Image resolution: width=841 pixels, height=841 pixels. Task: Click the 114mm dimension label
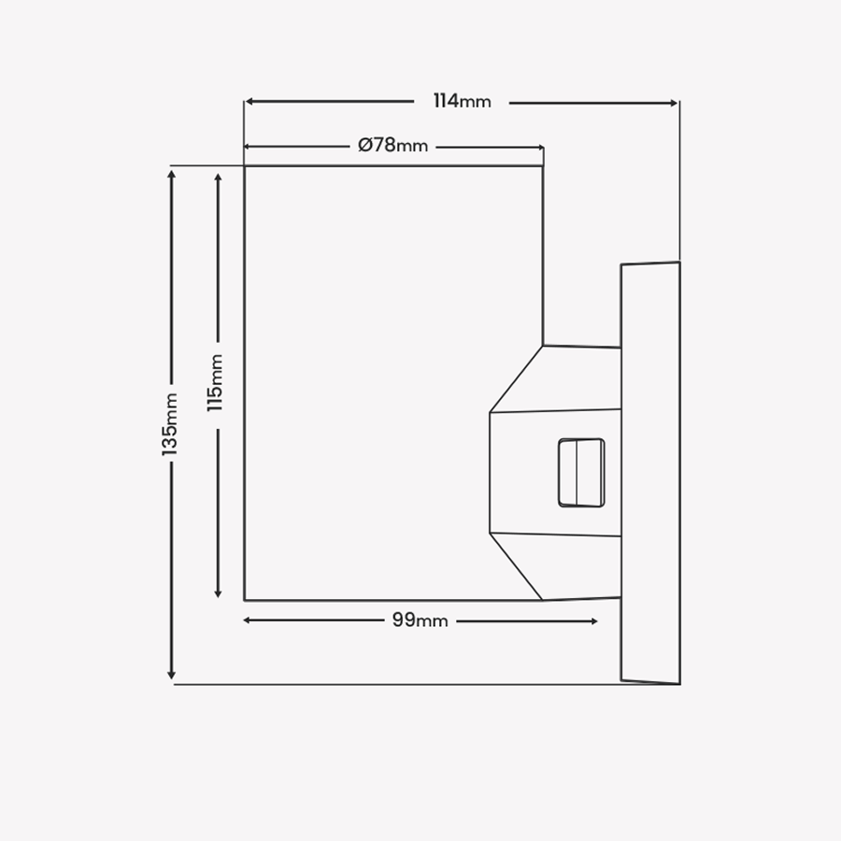[x=462, y=101]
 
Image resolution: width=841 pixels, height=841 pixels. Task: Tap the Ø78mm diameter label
[x=392, y=146]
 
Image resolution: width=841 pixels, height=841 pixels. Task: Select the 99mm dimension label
[x=420, y=620]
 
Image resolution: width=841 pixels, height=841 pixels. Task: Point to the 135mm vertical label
[x=170, y=424]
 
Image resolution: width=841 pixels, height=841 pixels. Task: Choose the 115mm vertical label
[x=215, y=383]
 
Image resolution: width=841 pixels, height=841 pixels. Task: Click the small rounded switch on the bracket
[x=581, y=473]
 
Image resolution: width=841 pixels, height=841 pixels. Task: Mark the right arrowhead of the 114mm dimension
[x=674, y=103]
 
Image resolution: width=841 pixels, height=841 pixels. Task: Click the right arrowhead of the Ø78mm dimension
[x=539, y=148]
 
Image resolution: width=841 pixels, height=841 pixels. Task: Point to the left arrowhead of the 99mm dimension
[x=248, y=620]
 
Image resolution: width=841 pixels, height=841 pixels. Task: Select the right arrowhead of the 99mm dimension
[x=593, y=621]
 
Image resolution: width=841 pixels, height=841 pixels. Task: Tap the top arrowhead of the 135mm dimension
[x=172, y=175]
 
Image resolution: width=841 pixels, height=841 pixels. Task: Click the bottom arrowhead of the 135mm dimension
[x=172, y=675]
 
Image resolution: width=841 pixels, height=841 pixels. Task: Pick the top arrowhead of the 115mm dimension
[x=218, y=178]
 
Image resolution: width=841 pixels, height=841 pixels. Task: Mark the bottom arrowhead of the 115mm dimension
[x=218, y=592]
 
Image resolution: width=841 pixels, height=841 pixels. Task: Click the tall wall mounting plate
[x=650, y=473]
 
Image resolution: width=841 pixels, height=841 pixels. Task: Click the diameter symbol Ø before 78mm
[x=365, y=146]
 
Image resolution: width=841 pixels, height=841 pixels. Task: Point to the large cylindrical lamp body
[x=393, y=383]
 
